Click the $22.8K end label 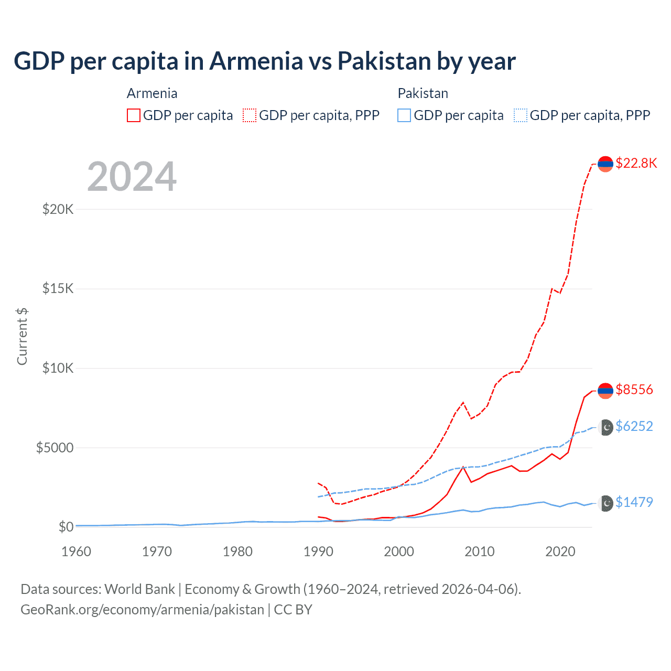636,163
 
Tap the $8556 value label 634,389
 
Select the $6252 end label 634,426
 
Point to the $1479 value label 634,502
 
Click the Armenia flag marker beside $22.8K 605,164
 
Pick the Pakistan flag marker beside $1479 605,503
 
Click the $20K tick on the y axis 58,210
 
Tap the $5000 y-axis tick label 55,448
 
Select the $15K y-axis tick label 58,289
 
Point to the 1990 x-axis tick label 318,551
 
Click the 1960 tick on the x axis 77,551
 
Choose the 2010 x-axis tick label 480,551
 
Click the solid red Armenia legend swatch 134,115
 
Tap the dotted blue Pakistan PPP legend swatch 521,115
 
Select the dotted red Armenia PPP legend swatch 250,115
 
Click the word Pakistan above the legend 423,93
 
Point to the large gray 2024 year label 132,177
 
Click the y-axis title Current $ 22,337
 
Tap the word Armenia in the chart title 256,61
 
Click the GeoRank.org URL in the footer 142,610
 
